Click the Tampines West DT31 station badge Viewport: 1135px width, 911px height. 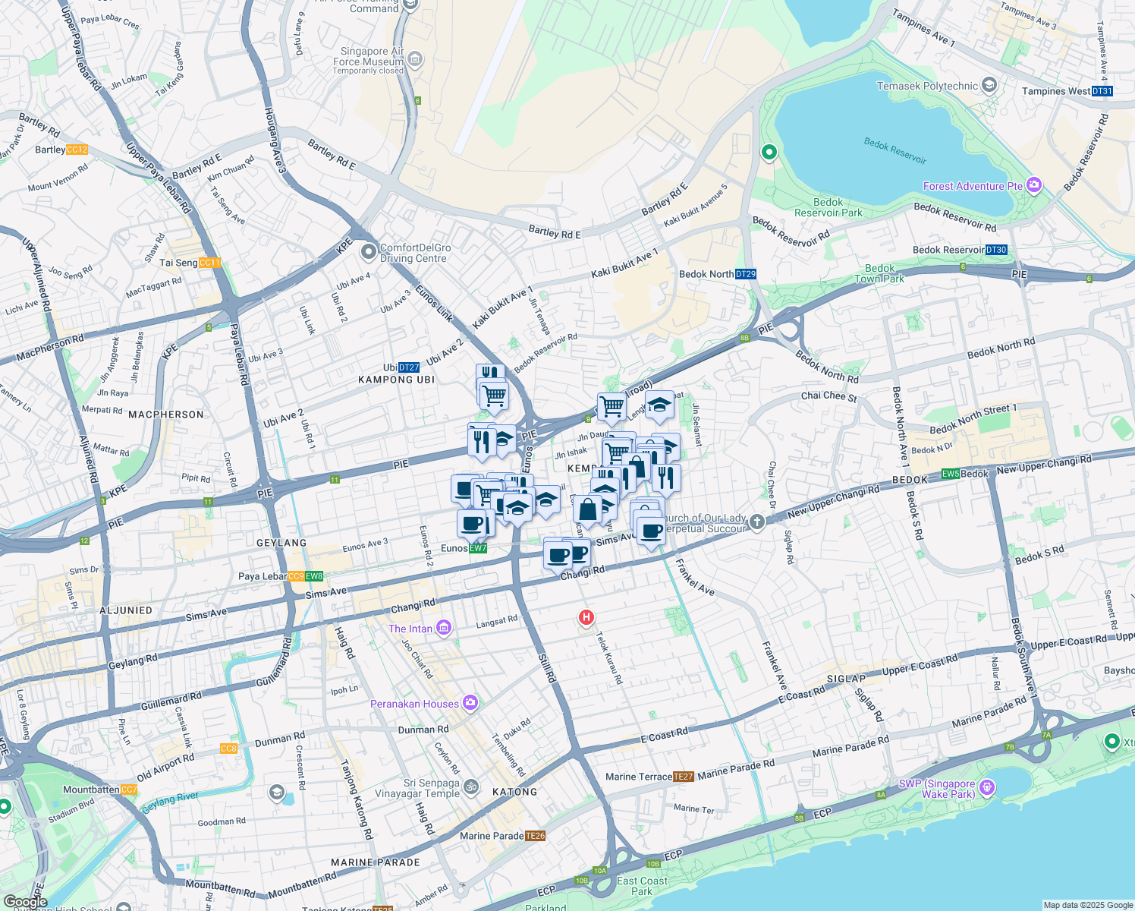tap(1102, 91)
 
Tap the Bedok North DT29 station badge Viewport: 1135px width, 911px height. tap(746, 274)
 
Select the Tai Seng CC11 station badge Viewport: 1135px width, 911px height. tap(209, 263)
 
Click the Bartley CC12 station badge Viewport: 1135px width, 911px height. tap(77, 150)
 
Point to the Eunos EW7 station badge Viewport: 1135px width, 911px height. tap(478, 548)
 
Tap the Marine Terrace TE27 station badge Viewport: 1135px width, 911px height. tap(684, 777)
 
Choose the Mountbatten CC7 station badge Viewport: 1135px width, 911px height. tap(129, 790)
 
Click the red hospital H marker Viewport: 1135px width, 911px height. tap(586, 618)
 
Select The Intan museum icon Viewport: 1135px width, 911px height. tap(444, 628)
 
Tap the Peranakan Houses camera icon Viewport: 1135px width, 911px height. tap(470, 703)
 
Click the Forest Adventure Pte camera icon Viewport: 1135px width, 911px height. tap(1033, 185)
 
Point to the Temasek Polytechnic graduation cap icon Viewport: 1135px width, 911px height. tap(989, 85)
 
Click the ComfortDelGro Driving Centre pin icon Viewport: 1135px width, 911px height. tap(368, 251)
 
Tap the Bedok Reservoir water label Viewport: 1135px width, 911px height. tap(895, 150)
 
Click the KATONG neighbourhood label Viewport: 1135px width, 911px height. tap(514, 792)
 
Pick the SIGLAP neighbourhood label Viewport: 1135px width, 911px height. tap(846, 679)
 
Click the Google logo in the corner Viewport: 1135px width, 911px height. tap(25, 902)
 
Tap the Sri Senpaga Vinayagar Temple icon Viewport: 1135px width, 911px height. tap(471, 786)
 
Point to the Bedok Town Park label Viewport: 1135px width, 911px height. tap(879, 273)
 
